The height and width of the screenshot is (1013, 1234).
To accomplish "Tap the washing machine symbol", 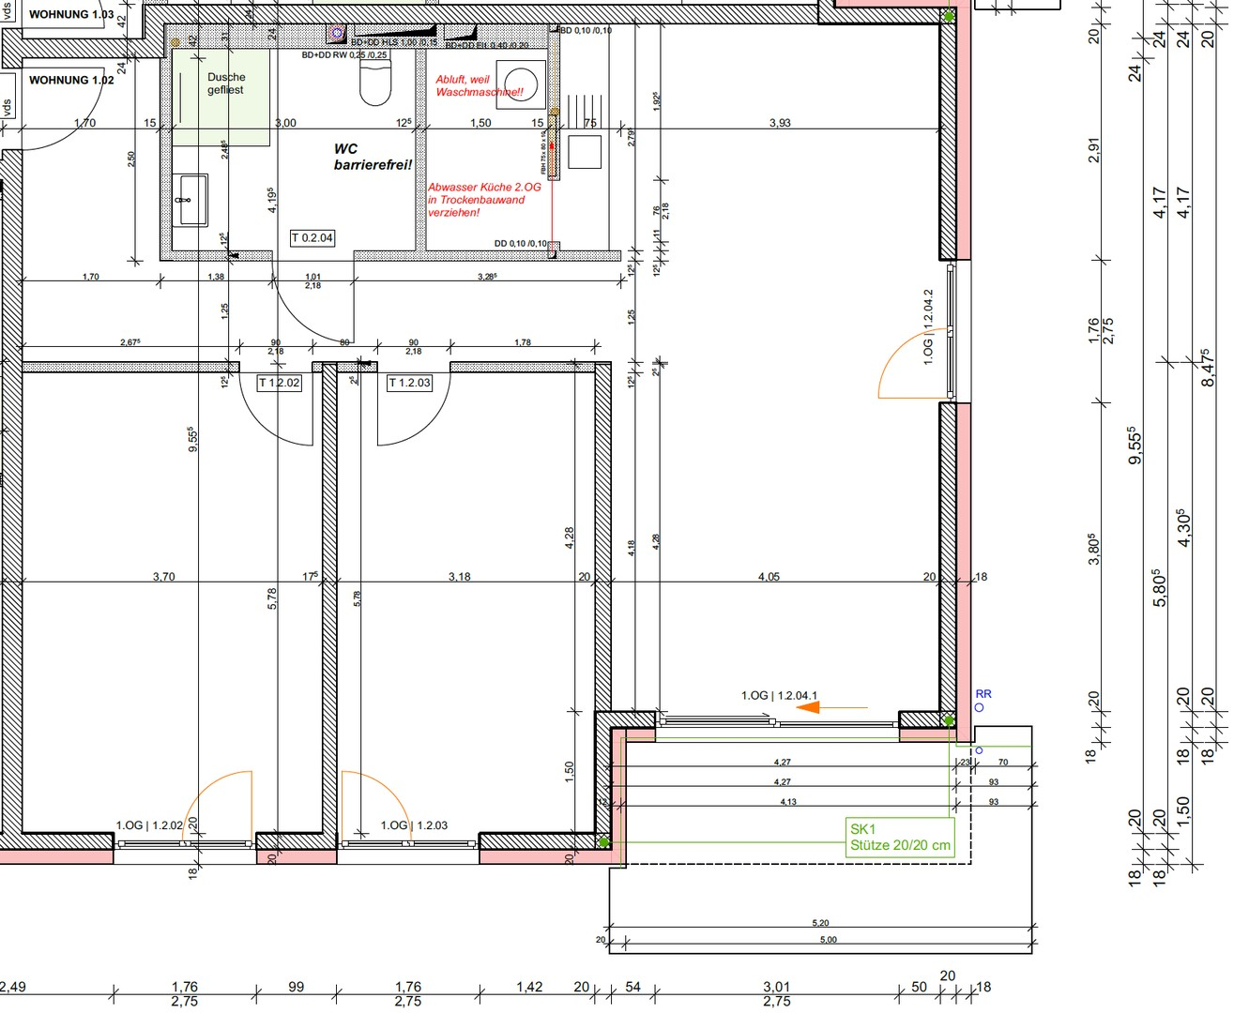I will (518, 82).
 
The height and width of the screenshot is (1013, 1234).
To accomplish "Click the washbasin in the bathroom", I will (191, 199).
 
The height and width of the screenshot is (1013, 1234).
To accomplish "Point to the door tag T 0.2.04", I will (312, 238).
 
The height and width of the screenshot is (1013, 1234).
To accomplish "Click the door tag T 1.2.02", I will (280, 383).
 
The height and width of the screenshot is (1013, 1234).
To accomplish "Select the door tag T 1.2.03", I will (410, 383).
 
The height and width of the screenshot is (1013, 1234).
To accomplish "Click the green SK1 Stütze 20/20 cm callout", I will (900, 837).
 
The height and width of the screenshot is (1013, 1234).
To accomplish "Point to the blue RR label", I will (983, 694).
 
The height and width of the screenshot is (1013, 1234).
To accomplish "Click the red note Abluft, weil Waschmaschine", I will (479, 86).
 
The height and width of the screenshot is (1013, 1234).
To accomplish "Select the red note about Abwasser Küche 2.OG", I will (483, 200).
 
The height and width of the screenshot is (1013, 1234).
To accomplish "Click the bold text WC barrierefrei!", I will (373, 157).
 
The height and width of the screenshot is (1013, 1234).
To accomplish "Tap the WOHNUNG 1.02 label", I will (71, 81).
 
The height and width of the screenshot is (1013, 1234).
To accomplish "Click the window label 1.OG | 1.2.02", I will (149, 825).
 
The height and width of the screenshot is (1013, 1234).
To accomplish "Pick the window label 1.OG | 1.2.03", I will (414, 825).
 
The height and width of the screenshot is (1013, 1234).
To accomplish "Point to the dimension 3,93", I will (780, 123).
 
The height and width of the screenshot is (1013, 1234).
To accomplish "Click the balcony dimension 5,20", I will (820, 923).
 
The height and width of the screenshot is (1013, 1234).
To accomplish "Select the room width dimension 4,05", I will (769, 577).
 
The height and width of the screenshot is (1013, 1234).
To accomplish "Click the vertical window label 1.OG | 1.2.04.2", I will (928, 326).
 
